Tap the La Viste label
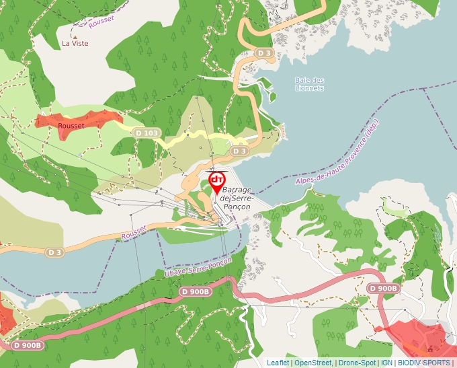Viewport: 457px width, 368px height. coord(75,43)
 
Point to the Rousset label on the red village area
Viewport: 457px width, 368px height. coord(71,126)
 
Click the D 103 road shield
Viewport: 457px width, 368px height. coord(147,133)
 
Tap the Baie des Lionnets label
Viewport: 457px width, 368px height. coord(309,84)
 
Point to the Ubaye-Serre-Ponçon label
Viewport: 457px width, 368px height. coord(198,267)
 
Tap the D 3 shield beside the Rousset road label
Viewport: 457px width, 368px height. coord(55,252)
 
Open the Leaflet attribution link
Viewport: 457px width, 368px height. coord(278,363)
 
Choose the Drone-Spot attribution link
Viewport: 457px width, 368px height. coord(357,363)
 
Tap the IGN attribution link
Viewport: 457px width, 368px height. coord(387,363)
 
